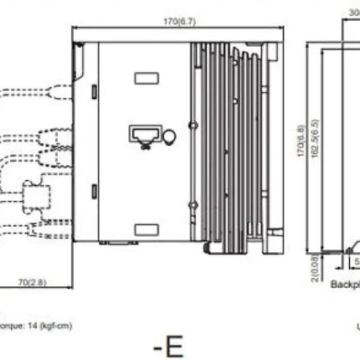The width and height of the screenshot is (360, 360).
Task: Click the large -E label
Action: coord(167,345)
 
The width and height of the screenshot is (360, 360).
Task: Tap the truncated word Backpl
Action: coord(345,285)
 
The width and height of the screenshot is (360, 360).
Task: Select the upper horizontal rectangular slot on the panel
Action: coord(147,78)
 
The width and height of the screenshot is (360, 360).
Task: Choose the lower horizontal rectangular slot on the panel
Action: coord(147,227)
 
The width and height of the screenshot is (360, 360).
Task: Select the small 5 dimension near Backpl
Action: coord(356,261)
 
